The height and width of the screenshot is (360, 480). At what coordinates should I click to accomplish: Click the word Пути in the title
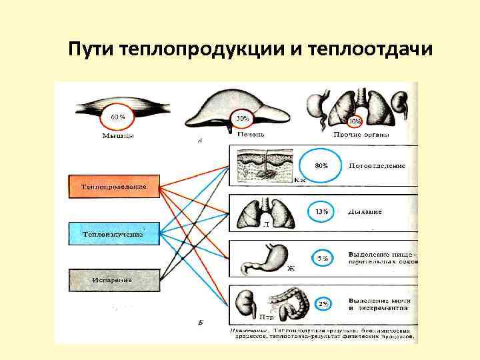tap(92, 50)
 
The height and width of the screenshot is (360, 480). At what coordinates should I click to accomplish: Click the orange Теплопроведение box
tap(114, 187)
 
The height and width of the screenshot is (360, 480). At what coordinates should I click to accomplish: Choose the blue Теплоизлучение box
tap(114, 234)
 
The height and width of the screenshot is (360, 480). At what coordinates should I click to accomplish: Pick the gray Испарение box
tap(114, 280)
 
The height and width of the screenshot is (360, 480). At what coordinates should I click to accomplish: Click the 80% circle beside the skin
tap(321, 165)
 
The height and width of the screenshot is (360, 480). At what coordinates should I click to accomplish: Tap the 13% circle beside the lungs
tap(321, 212)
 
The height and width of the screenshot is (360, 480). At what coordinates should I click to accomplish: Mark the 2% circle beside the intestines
tap(323, 304)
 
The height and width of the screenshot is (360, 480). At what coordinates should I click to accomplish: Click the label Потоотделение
tap(377, 165)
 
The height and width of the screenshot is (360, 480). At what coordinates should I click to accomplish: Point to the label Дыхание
tap(365, 212)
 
